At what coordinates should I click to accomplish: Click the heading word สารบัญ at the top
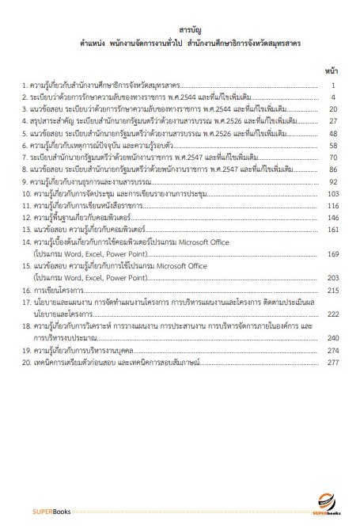tap(180, 32)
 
